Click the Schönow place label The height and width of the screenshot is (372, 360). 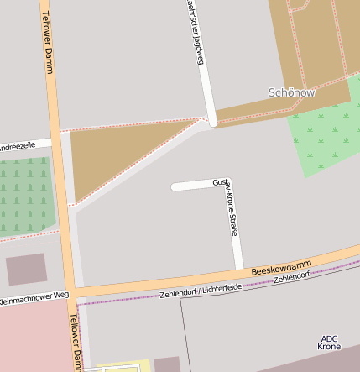click(x=291, y=92)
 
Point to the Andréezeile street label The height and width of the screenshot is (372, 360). click(x=17, y=146)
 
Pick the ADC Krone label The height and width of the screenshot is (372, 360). click(x=329, y=342)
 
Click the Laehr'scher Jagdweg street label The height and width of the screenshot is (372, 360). click(x=195, y=25)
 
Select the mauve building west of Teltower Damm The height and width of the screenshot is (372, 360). click(x=26, y=269)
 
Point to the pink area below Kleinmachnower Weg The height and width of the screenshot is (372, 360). click(x=34, y=336)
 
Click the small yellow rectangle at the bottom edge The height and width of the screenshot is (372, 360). click(x=117, y=367)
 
